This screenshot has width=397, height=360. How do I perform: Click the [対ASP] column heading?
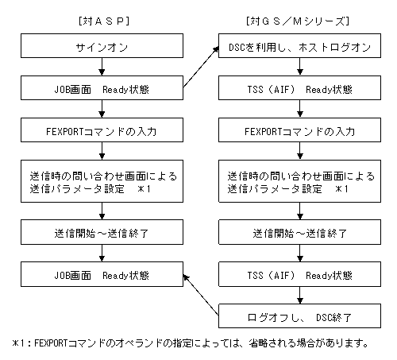pos(104,21)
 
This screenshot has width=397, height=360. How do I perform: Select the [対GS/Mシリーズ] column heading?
pos(298,21)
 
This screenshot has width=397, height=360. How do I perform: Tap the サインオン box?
pos(102,45)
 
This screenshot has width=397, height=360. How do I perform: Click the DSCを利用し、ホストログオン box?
pos(299,45)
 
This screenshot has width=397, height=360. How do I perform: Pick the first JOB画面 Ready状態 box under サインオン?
pos(102,88)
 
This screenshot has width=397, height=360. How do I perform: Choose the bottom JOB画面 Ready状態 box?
pos(102,274)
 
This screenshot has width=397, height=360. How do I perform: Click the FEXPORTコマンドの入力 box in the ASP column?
pos(102,130)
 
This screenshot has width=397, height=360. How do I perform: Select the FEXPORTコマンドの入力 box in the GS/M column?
pos(299,130)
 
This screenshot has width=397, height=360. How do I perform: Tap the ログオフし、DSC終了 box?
pos(299,316)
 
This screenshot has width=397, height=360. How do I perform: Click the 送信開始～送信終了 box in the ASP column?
pos(102,232)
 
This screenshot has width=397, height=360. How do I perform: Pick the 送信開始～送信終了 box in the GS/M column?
pos(299,232)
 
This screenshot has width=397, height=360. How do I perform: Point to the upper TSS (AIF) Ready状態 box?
pos(299,88)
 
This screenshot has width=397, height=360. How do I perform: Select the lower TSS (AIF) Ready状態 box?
pos(299,274)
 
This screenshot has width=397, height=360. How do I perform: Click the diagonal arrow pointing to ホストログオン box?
pos(201,67)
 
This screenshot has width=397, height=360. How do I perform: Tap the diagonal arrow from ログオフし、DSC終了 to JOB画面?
pos(201,295)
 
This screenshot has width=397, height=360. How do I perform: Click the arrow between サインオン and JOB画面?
pos(102,67)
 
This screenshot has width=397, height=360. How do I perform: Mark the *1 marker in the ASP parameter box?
pos(144,189)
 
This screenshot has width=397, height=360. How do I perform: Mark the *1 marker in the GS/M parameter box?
pos(341,189)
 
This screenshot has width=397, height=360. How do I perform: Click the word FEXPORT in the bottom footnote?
pos(51,343)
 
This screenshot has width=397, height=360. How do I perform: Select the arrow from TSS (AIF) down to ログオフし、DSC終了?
pos(299,296)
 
